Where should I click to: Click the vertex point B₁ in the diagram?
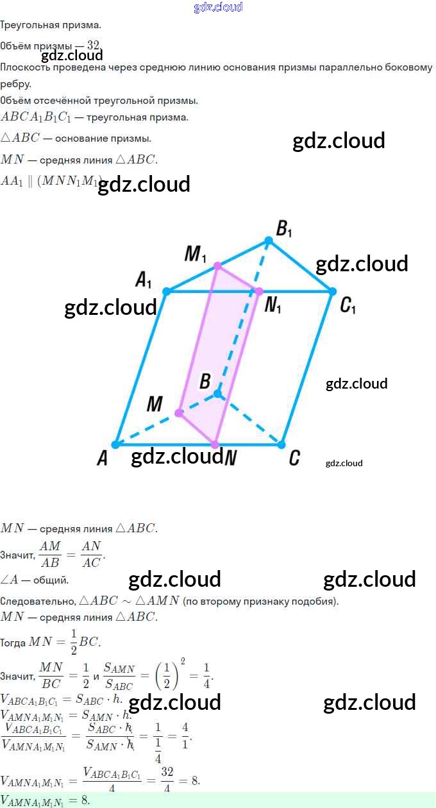[269, 241]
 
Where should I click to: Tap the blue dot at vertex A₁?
[166, 291]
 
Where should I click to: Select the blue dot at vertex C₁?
[332, 291]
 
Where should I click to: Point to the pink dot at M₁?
[217, 265]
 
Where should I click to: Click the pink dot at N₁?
[259, 292]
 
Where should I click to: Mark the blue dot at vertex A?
[115, 444]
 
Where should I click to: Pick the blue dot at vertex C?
[281, 444]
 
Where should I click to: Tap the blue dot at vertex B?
[217, 393]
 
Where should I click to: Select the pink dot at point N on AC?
[215, 444]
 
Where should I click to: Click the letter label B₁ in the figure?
[284, 228]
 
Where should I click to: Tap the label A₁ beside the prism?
[144, 280]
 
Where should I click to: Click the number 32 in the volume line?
[94, 45]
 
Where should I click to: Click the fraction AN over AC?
[92, 553]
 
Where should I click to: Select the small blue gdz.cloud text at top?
[218, 7]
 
